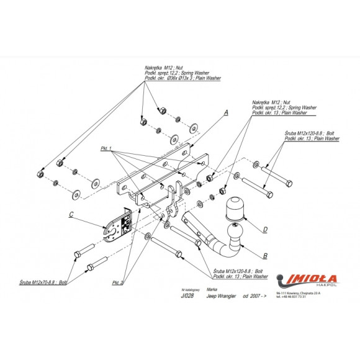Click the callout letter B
click(265, 255)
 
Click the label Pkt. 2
click(118, 282)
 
